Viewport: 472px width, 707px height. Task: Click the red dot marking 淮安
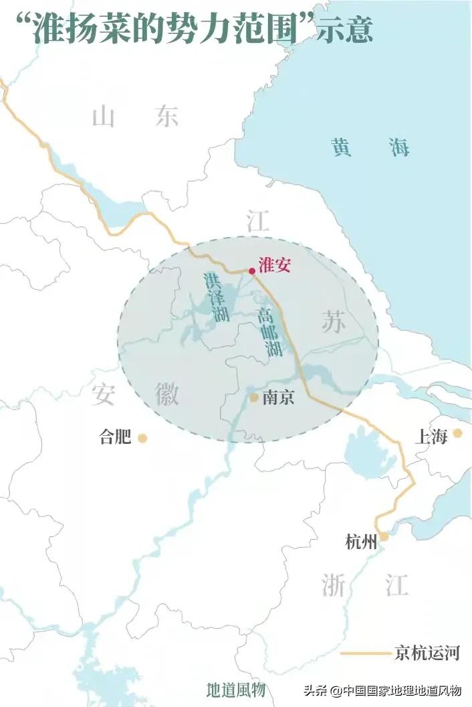(x=251, y=271)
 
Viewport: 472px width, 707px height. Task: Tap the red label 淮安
(x=274, y=265)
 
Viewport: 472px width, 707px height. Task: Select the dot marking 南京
(x=254, y=398)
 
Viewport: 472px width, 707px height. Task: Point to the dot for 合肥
(x=142, y=439)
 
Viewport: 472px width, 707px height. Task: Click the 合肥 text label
(x=115, y=438)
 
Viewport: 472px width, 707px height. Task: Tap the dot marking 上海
(x=457, y=433)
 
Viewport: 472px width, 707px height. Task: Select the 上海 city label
(x=431, y=437)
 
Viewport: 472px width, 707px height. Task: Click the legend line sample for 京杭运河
(x=364, y=652)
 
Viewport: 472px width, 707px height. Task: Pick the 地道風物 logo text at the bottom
(x=235, y=690)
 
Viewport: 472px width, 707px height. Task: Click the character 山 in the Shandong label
(x=105, y=116)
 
